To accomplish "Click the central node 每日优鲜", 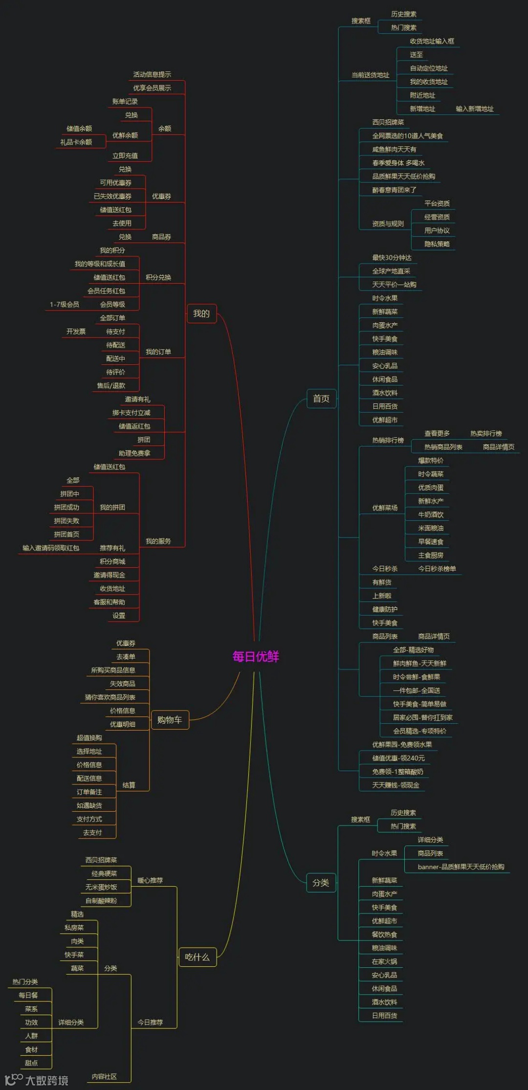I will click(256, 656).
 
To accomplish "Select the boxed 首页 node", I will click(321, 399).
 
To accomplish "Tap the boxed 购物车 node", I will click(170, 719).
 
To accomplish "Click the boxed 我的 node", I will click(201, 313).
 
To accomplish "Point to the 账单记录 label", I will click(125, 101).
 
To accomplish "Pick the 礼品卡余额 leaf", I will click(76, 142).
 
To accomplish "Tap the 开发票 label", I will click(76, 331).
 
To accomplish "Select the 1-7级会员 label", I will click(64, 304).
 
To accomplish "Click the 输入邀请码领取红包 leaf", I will click(51, 548).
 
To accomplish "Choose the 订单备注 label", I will click(89, 792).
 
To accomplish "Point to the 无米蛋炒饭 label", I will click(101, 887).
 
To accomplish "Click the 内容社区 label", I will click(104, 1076).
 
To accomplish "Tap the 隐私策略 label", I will click(437, 244).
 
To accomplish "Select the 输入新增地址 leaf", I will click(475, 109).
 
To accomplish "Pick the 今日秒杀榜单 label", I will click(437, 568).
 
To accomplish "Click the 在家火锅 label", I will click(384, 961).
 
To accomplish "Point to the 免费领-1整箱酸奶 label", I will click(397, 771).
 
